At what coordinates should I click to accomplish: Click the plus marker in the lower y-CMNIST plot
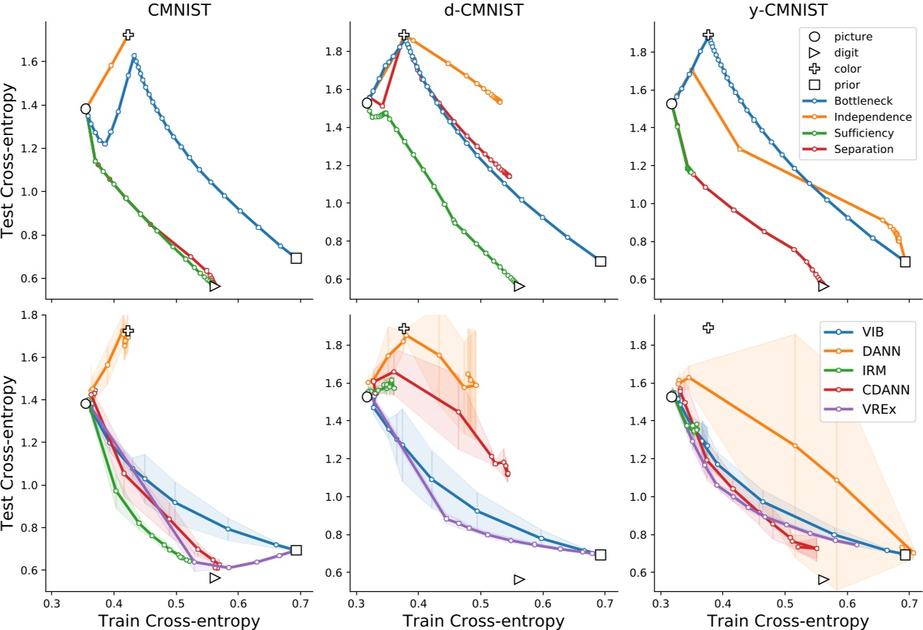(708, 328)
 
